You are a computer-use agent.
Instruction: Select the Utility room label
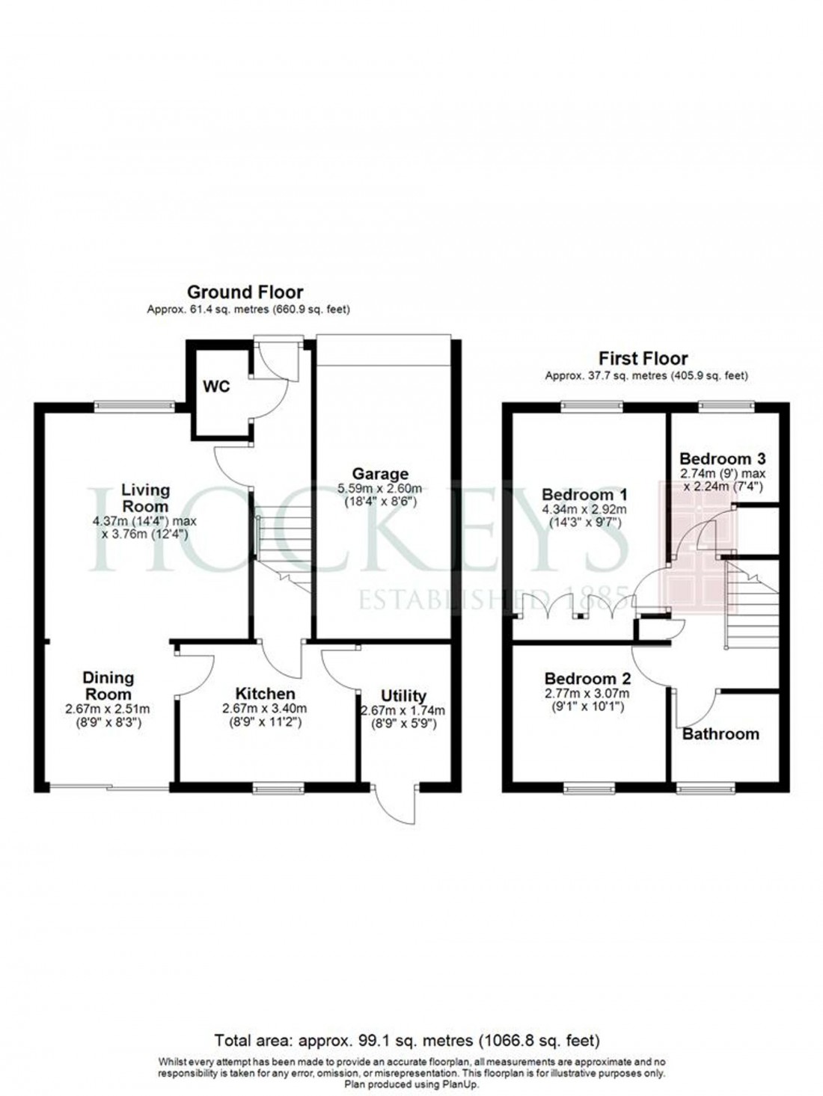[x=403, y=696]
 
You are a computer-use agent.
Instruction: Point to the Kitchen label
[x=264, y=694]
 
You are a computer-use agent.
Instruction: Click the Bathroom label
[x=720, y=733]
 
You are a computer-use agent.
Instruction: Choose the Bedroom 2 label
[x=587, y=679]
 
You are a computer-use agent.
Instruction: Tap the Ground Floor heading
[x=245, y=292]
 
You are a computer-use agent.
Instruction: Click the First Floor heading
[x=643, y=359]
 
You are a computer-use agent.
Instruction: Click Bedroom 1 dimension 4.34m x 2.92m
[x=584, y=510]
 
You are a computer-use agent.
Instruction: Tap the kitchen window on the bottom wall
[x=278, y=786]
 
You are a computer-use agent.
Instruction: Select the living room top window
[x=135, y=406]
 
